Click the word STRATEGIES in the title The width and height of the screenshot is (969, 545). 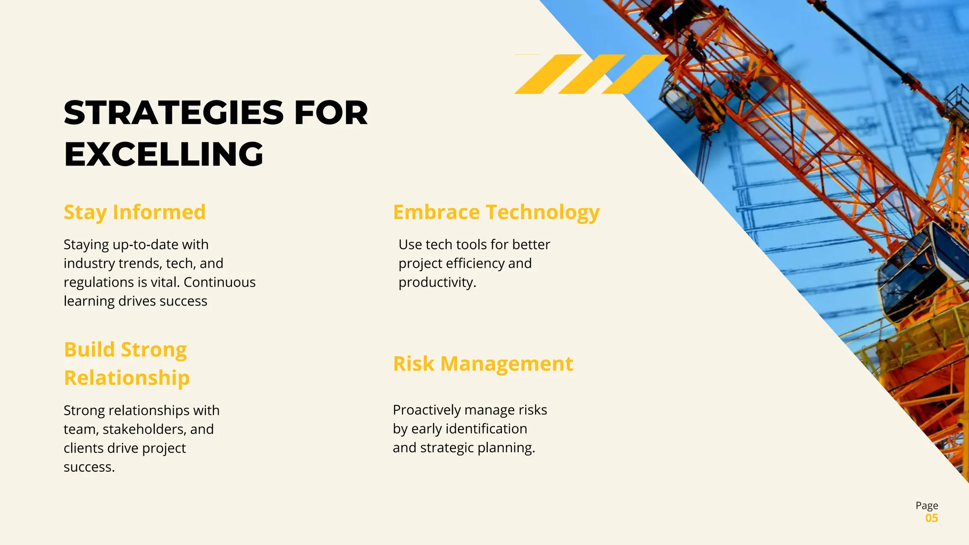tap(174, 113)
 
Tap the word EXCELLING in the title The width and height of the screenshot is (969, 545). tap(164, 154)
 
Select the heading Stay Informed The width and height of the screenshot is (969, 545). tap(135, 212)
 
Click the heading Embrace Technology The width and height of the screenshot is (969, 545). tap(496, 212)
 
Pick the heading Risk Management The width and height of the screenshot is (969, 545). tap(483, 364)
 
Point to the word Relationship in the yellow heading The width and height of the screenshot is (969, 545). tap(127, 378)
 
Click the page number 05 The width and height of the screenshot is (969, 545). tap(932, 518)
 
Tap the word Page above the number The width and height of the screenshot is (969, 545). tap(926, 505)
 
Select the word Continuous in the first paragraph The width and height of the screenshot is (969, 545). tap(220, 282)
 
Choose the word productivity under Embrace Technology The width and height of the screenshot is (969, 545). tap(437, 282)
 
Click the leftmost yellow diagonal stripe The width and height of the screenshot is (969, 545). tap(548, 74)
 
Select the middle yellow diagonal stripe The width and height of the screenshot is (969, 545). tap(591, 74)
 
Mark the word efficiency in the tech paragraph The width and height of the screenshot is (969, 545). tap(475, 264)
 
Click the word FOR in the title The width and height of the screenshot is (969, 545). tap(331, 113)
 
